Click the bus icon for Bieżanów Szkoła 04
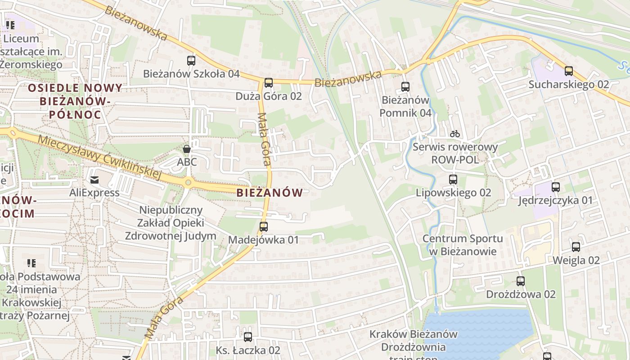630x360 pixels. pyautogui.click(x=191, y=60)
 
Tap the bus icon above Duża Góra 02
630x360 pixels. pyautogui.click(x=269, y=83)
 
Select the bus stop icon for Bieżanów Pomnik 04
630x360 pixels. pyautogui.click(x=405, y=87)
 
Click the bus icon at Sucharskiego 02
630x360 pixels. pyautogui.click(x=569, y=71)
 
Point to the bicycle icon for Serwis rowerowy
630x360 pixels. pyautogui.click(x=455, y=134)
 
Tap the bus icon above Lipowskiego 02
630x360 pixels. pyautogui.click(x=453, y=180)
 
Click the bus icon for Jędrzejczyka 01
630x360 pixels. pyautogui.click(x=556, y=187)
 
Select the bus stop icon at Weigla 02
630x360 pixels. pyautogui.click(x=576, y=247)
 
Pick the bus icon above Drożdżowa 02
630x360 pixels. pyautogui.click(x=521, y=281)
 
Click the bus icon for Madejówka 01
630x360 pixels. pyautogui.click(x=264, y=227)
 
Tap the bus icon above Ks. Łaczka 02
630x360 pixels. pyautogui.click(x=248, y=337)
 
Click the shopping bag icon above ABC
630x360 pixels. pyautogui.click(x=187, y=148)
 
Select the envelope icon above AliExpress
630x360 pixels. pyautogui.click(x=94, y=180)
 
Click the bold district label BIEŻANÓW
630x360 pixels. pyautogui.click(x=270, y=193)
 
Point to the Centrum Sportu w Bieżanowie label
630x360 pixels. pyautogui.click(x=463, y=245)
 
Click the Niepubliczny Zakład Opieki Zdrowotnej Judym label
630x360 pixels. pyautogui.click(x=171, y=223)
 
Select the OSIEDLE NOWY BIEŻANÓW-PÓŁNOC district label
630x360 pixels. pyautogui.click(x=75, y=101)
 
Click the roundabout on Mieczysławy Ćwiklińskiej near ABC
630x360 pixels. pyautogui.click(x=188, y=182)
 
